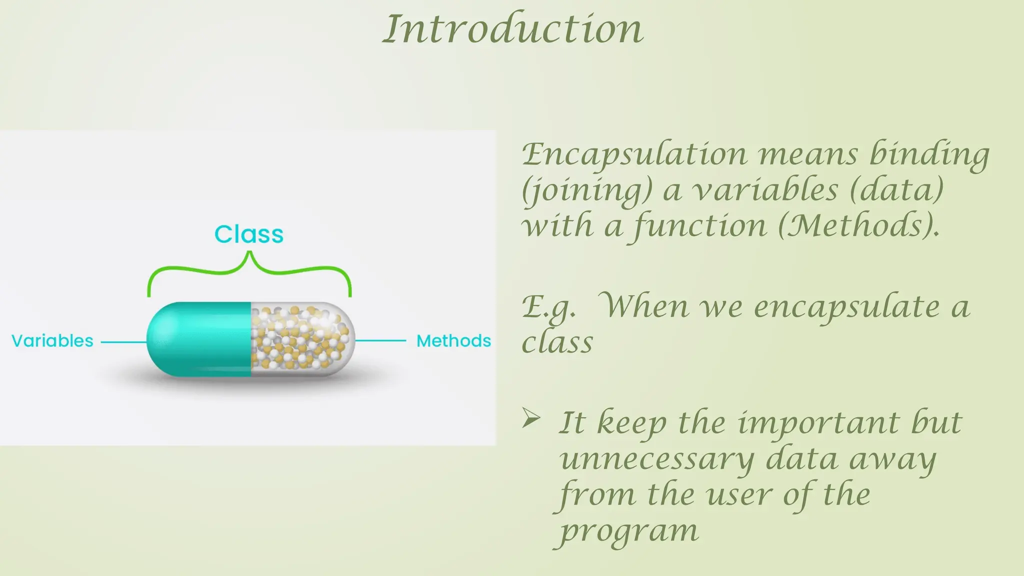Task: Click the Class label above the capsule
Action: [249, 234]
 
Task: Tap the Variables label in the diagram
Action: [52, 341]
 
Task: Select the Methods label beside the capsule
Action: [453, 341]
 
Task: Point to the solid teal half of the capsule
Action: [200, 339]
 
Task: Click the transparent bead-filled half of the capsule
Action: [300, 339]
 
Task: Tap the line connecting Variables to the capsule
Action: [123, 342]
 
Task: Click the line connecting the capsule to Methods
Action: [380, 340]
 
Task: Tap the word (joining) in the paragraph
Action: [586, 190]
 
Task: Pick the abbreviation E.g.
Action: [548, 306]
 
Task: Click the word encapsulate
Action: [846, 306]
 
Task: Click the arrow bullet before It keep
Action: [531, 418]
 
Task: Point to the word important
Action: [818, 423]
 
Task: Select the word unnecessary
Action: [656, 459]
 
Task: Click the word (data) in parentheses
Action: [896, 190]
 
